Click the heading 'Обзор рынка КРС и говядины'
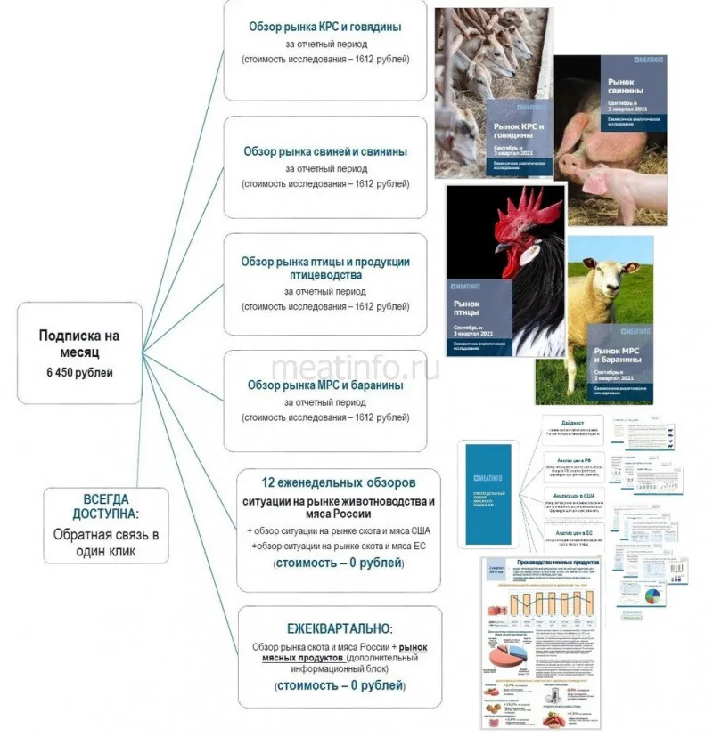point(325,27)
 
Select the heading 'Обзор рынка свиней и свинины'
point(325,151)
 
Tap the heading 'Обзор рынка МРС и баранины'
point(325,385)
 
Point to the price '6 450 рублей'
point(79,371)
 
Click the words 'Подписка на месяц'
point(79,344)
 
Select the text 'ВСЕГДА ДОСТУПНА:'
point(106,507)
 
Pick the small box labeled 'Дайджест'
point(573,425)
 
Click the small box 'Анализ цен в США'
point(574,495)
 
